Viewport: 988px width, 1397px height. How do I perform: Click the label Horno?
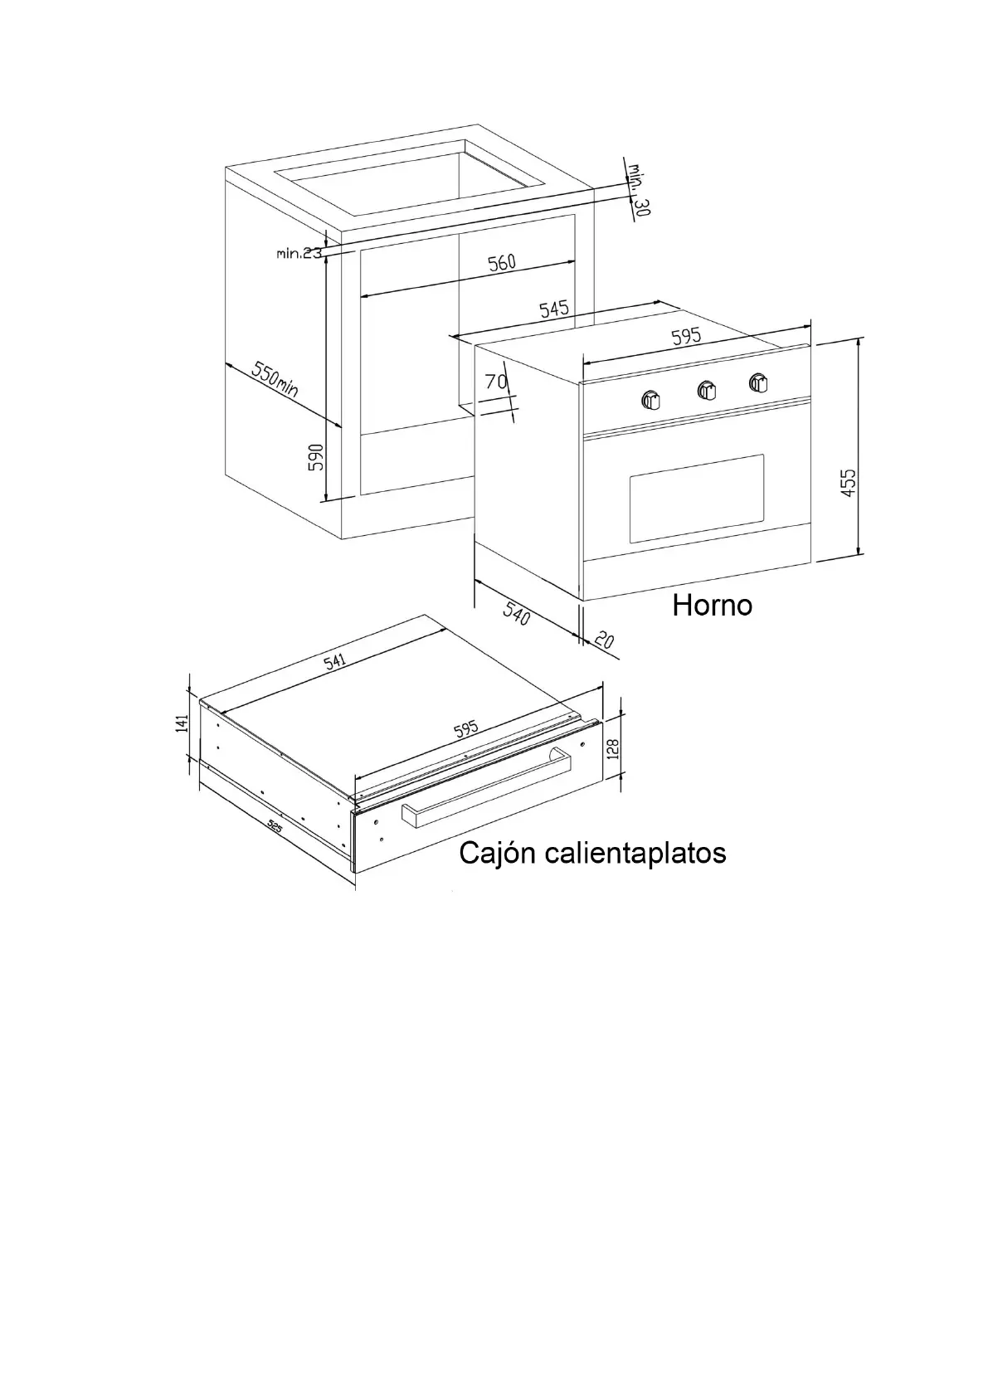point(712,605)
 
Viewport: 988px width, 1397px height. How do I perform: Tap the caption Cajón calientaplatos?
point(592,852)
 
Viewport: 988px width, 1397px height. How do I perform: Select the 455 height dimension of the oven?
point(848,482)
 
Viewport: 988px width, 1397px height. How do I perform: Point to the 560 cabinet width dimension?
point(501,263)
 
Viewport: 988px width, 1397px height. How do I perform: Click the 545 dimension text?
point(554,309)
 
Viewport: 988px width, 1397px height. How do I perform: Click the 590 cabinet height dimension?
point(316,457)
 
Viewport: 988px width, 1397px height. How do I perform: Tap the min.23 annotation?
point(299,253)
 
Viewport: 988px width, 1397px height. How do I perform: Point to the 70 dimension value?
point(495,382)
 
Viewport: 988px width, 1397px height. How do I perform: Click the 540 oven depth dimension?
point(516,615)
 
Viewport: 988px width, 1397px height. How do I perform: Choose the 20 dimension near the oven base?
point(604,640)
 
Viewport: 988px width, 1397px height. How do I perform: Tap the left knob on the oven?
point(651,400)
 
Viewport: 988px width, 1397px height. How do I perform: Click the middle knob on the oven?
point(707,391)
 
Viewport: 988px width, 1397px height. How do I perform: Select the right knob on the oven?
point(758,382)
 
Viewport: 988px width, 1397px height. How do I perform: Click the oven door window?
point(696,498)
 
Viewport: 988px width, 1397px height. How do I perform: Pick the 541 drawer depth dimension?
point(334,661)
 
